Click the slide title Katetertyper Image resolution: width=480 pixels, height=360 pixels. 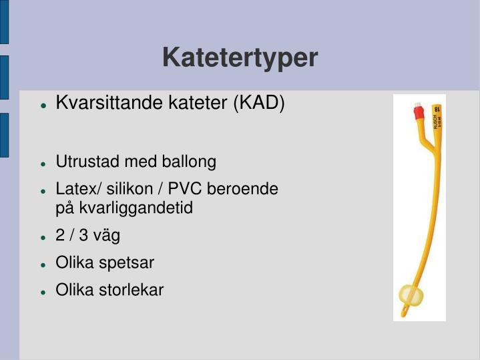240,58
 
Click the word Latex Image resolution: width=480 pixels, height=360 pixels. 74,189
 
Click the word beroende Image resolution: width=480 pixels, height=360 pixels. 243,189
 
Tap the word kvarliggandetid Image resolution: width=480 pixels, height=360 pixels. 136,208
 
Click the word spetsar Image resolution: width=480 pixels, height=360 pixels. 127,262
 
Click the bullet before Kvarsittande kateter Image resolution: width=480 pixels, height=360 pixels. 43,105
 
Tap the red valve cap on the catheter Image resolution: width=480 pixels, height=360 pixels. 419,112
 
